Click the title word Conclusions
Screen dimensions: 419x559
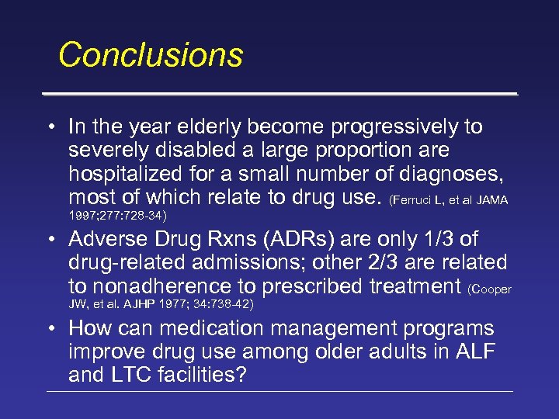(151, 55)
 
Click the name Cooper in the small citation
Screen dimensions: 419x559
(491, 289)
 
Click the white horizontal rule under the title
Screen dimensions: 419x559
(279, 94)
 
